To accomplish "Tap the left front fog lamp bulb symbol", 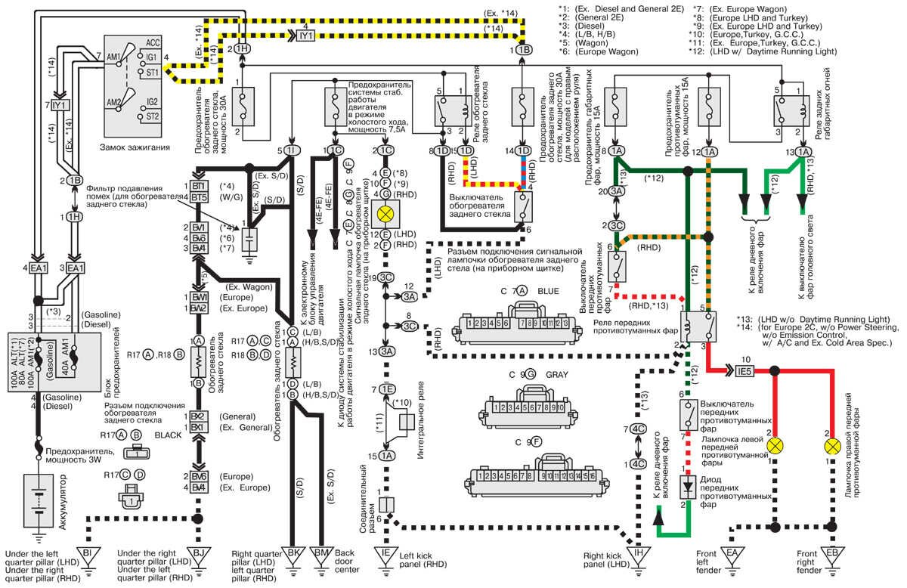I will [x=775, y=445].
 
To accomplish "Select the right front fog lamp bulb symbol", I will [x=831, y=445].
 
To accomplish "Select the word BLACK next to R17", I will [x=165, y=435].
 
